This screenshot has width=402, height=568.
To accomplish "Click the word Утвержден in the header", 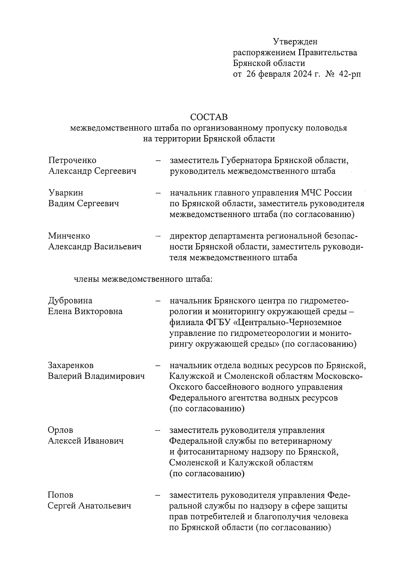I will point(295,42).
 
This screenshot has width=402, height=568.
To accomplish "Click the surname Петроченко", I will point(72,161).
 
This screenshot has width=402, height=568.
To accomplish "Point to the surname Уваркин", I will point(66,193).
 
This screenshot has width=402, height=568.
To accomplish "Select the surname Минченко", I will point(69,236).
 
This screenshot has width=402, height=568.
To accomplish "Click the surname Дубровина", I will point(70,301).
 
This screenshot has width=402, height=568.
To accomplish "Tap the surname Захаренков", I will point(71,365).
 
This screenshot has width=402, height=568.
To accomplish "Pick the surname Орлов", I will point(60,430).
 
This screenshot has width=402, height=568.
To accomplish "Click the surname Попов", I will point(60,495).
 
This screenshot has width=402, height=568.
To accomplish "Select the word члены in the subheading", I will point(86,279).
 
